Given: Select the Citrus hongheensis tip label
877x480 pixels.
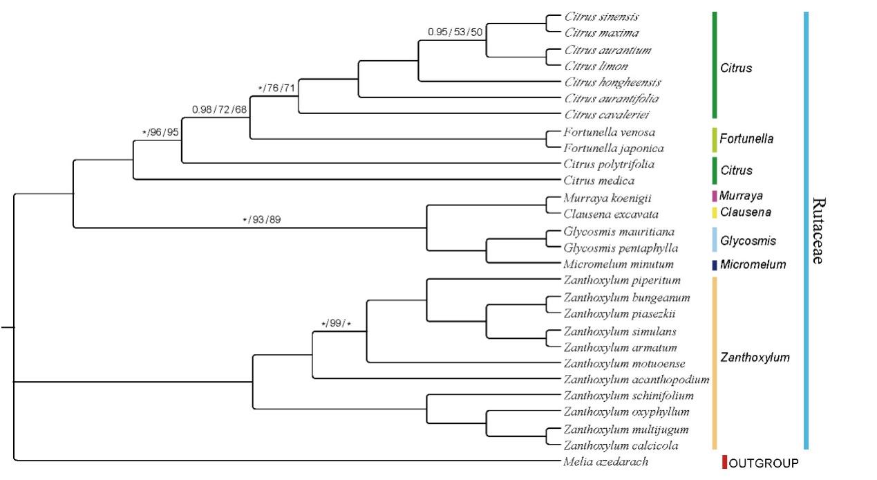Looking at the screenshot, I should [612, 82].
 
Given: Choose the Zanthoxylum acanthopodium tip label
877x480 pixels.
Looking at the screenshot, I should [636, 380].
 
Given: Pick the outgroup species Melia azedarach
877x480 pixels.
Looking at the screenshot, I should [605, 462].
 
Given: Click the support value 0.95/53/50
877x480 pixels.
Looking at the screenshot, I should [455, 32].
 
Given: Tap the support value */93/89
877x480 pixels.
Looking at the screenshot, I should [261, 220].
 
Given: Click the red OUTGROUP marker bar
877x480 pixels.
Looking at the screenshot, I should [724, 462].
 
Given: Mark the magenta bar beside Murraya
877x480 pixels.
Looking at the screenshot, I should [715, 196].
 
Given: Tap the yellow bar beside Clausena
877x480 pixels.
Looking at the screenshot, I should [715, 212].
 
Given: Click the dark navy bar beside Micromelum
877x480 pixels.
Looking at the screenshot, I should [715, 265].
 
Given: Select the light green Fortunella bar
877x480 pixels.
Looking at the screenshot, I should [715, 139].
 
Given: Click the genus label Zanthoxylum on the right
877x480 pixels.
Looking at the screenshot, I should [755, 358].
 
